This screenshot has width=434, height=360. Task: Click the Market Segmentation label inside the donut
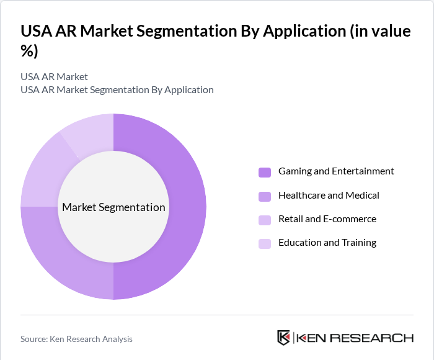coord(113,207)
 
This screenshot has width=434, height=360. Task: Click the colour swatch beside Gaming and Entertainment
coord(265,172)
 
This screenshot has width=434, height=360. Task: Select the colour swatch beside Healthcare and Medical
coord(265,196)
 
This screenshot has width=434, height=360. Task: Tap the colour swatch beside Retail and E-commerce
coord(265,220)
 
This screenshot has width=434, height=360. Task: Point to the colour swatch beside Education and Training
coord(265,243)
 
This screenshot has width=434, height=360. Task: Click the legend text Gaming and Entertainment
coord(336,171)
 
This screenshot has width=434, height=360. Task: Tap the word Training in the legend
coord(359,243)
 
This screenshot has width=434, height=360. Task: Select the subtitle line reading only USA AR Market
coord(54,77)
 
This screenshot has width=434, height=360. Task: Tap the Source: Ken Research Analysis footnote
coord(76,339)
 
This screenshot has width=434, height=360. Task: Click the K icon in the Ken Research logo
coord(283,338)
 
